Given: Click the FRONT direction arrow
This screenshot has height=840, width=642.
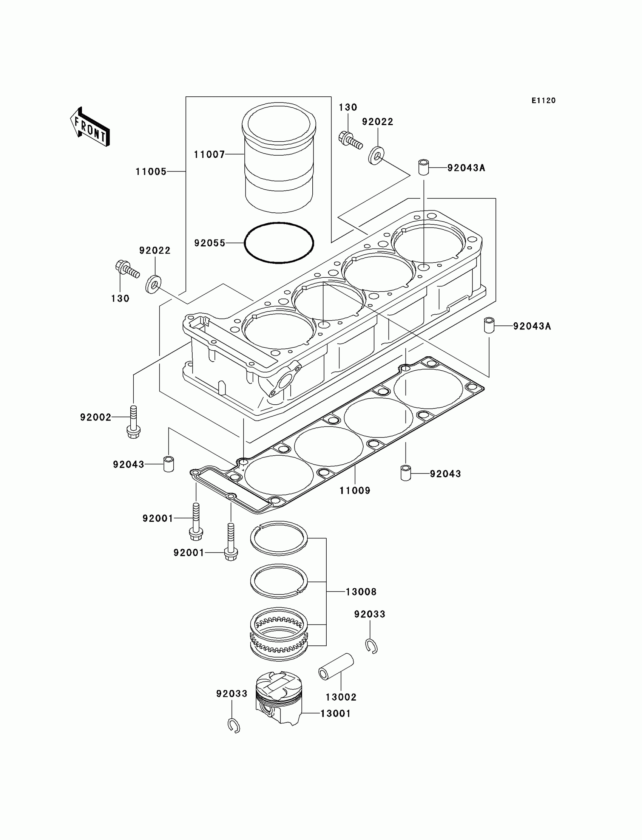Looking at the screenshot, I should point(90,128).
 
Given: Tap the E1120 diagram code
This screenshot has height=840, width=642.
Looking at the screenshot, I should point(543,101).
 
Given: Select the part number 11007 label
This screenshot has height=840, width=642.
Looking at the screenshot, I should point(209,155).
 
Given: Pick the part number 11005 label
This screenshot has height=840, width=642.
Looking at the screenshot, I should point(151,172).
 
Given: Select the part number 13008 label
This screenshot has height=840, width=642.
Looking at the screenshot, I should point(361,592).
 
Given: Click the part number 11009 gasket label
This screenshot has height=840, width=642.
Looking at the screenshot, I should point(355,490).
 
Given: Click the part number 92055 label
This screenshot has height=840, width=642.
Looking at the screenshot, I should point(210,243).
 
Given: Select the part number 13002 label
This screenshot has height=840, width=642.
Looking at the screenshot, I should point(341,697).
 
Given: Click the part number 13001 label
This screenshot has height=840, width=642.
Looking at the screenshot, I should point(335,713).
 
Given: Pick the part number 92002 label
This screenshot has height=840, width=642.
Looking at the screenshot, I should point(96,417).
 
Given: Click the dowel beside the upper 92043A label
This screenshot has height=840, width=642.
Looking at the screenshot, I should point(423,167).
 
